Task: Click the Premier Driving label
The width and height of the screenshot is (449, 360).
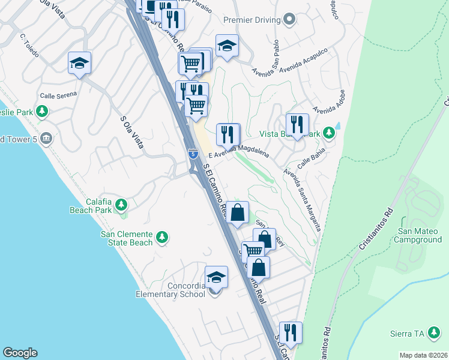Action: (x=252, y=20)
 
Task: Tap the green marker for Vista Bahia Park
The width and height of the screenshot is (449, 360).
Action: (x=328, y=132)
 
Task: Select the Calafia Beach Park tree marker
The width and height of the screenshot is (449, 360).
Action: (x=121, y=205)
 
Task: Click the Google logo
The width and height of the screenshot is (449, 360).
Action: (x=20, y=353)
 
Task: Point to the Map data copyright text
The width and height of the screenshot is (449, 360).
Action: (x=423, y=355)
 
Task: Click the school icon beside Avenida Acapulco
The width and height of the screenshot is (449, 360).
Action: (x=227, y=46)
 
